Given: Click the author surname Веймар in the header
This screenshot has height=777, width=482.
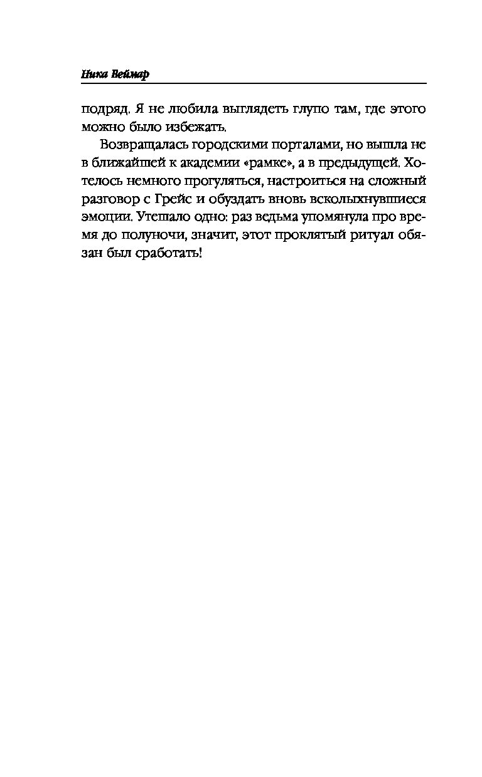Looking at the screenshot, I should point(132,74).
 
